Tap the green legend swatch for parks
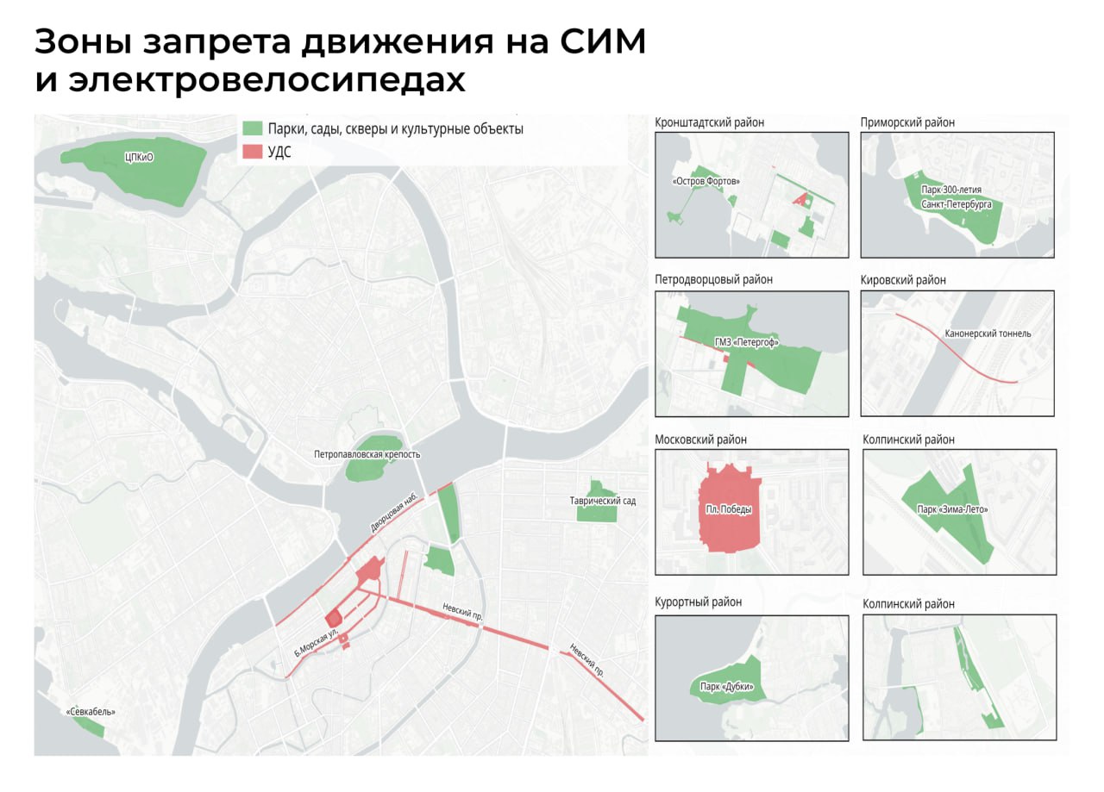(252, 128)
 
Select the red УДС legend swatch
(252, 152)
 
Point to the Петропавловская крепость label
(367, 454)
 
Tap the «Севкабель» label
(91, 712)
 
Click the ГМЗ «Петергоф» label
(746, 342)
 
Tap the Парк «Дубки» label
(720, 687)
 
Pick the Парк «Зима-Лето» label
(952, 509)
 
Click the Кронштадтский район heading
(709, 122)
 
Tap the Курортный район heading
(698, 602)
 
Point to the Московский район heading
(700, 440)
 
